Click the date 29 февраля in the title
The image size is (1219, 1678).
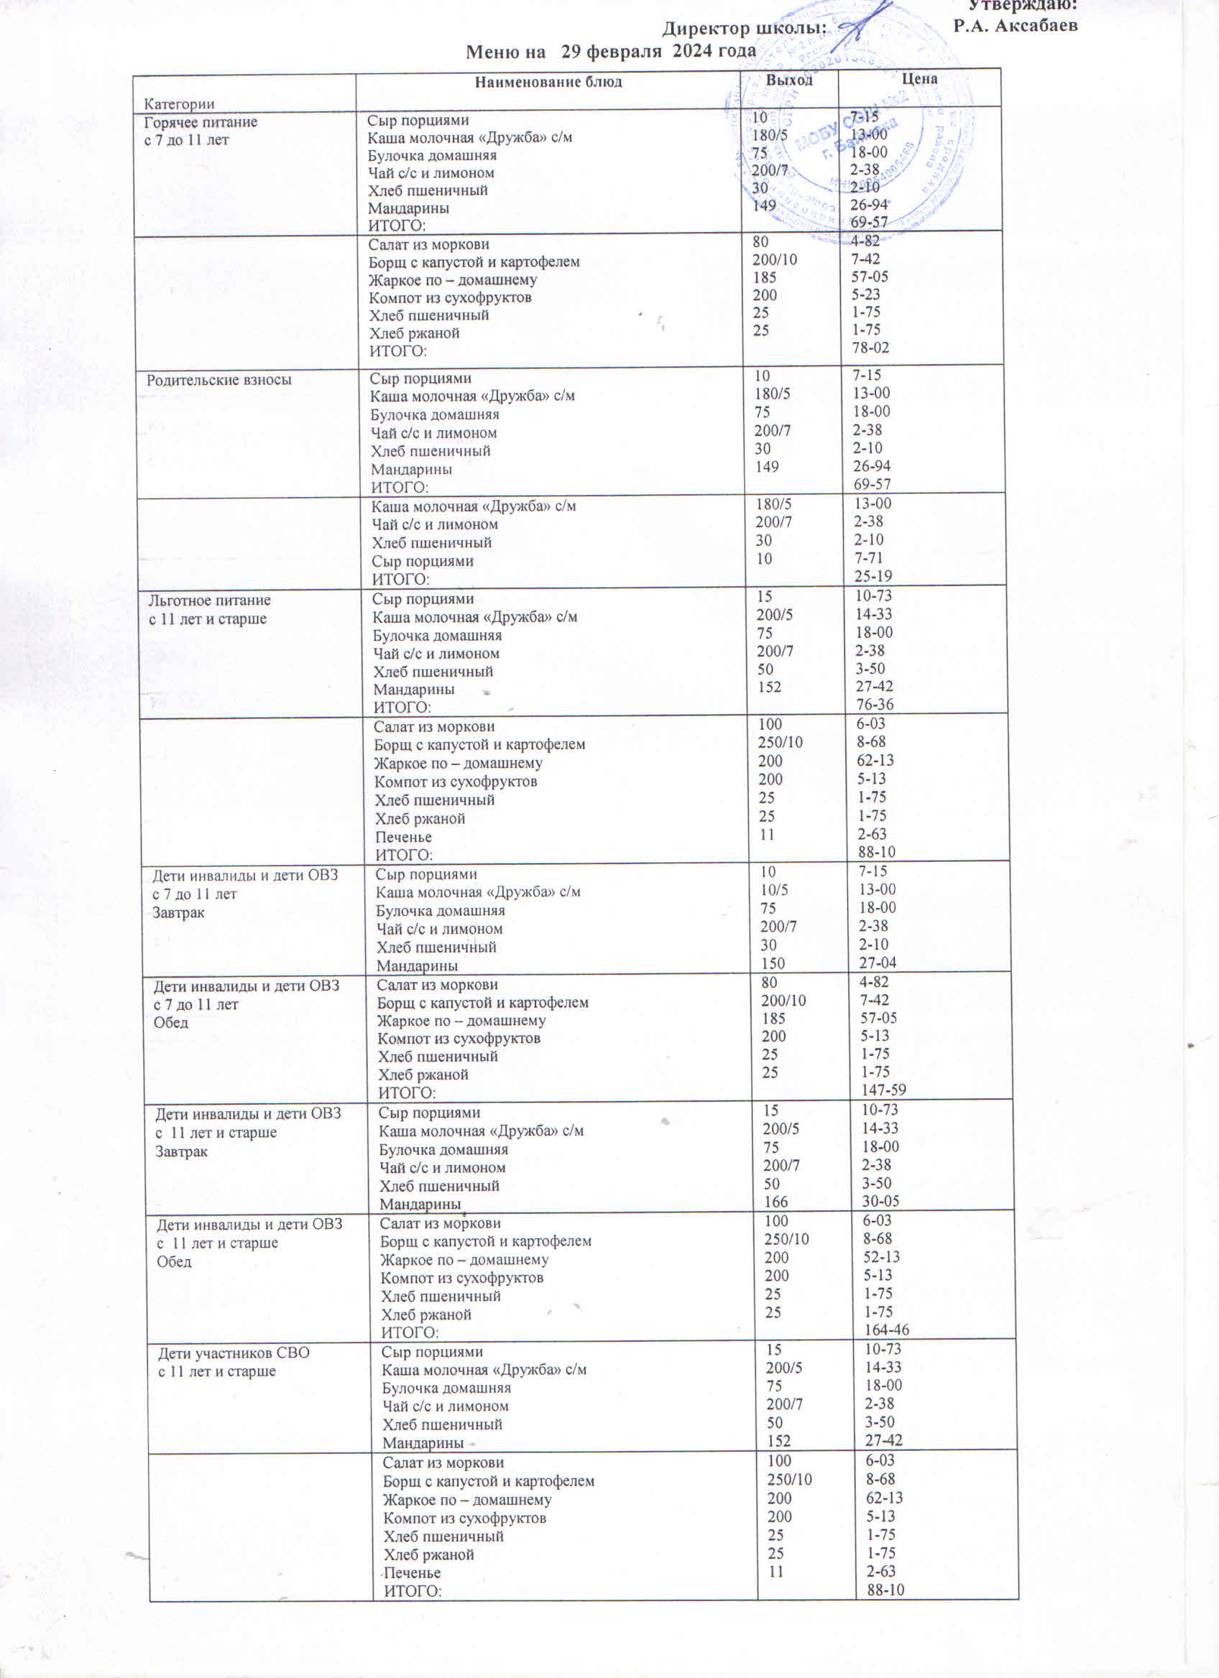(611, 51)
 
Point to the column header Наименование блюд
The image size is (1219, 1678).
(548, 82)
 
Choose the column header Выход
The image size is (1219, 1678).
(789, 80)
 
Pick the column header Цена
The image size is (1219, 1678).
(919, 78)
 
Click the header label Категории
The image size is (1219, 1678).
(179, 103)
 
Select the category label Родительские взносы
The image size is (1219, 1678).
(219, 380)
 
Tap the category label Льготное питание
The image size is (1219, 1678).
(209, 601)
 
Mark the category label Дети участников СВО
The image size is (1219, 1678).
(234, 1353)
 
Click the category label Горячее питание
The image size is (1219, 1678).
(201, 123)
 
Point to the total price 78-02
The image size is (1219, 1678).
(870, 348)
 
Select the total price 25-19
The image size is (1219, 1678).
(873, 576)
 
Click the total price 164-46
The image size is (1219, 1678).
(887, 1330)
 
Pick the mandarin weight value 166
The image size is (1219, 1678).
(776, 1202)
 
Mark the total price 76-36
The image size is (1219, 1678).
(875, 705)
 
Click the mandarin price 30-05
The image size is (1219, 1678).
(880, 1201)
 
